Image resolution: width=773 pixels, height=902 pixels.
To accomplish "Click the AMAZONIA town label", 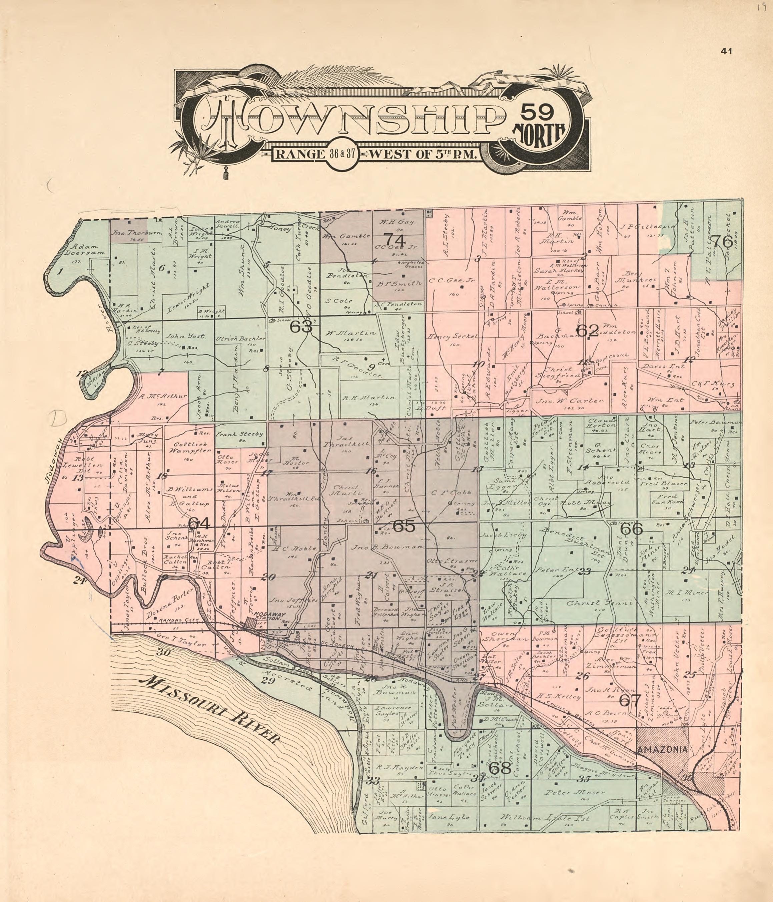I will tap(662, 750).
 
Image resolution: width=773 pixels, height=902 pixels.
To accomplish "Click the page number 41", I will tap(726, 52).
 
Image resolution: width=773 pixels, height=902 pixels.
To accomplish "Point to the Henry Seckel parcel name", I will tap(453, 337).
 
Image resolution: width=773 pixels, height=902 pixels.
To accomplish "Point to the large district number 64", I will tap(199, 524).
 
